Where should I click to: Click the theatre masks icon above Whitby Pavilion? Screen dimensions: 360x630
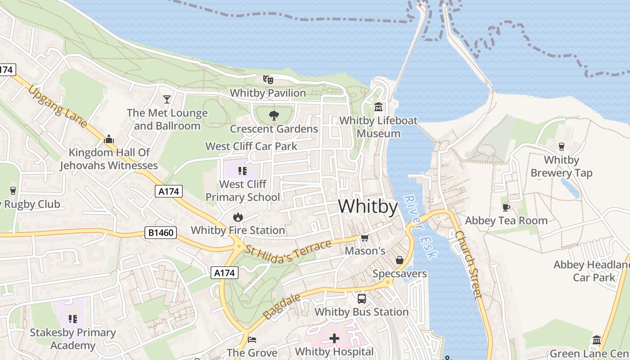tap(268, 80)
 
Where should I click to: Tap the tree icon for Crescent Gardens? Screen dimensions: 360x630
tap(273, 116)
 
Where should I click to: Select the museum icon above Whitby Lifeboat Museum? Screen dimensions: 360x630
tap(378, 107)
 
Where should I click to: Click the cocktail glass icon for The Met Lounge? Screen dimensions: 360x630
tap(167, 99)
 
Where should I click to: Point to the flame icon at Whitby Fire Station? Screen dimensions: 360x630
tap(238, 217)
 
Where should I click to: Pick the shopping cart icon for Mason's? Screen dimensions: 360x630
tap(364, 237)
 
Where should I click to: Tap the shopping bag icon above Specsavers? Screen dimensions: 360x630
tap(399, 260)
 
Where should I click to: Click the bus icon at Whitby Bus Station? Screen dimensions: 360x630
tap(361, 298)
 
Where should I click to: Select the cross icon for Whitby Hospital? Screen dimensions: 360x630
tap(334, 338)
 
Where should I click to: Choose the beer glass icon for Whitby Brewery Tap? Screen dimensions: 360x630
tap(561, 146)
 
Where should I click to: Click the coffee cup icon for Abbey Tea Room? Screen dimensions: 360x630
tap(506, 207)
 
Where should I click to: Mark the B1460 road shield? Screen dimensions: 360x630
tap(161, 233)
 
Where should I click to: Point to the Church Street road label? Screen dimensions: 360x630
tap(468, 264)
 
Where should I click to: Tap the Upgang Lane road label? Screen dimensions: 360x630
tap(57, 107)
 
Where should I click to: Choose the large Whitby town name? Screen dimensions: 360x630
tap(368, 207)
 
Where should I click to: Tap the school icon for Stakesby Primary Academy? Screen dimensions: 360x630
tap(72, 319)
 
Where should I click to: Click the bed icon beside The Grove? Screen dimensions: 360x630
tap(252, 339)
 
